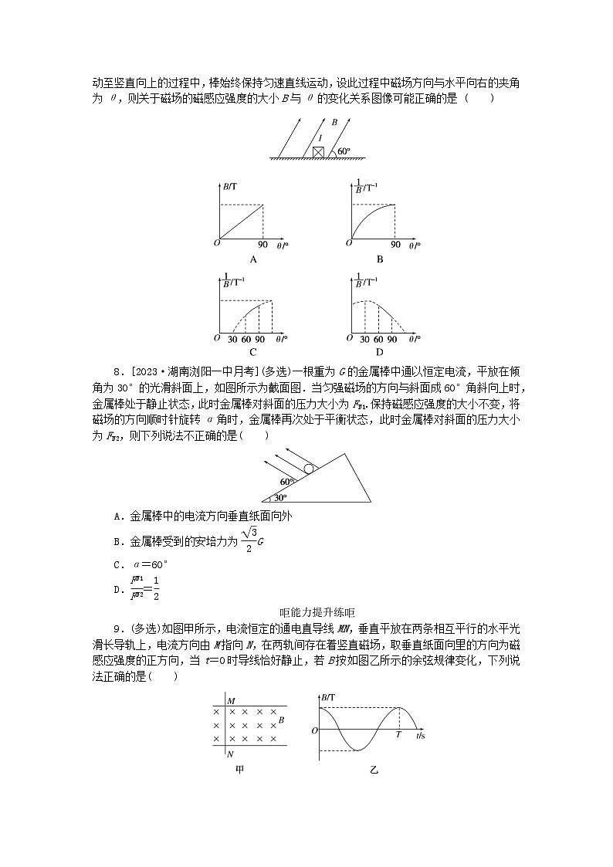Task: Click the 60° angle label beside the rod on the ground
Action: point(344,151)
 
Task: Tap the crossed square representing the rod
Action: point(318,152)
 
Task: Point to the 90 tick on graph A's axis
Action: point(262,245)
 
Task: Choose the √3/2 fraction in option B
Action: point(247,540)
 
